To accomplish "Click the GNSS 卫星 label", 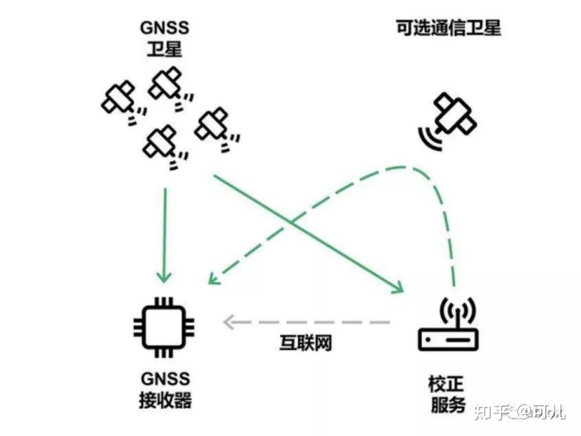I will coord(164,38).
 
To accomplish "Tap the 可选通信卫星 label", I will coord(448,28).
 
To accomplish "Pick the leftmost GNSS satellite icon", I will coord(119,99).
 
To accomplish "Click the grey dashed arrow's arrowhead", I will coord(228,322).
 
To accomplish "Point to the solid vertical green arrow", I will coord(165,230).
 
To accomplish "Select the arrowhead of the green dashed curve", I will coord(212,279).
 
